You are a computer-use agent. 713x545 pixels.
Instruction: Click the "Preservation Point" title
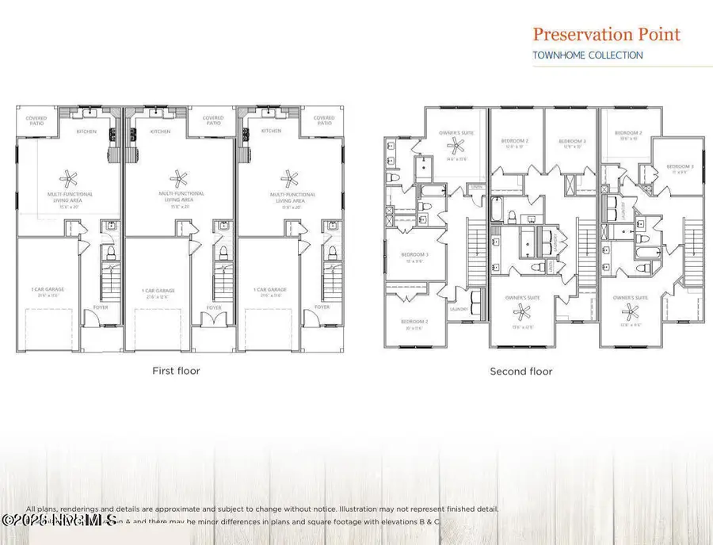click(606, 34)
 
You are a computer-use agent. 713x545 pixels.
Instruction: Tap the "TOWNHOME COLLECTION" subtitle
click(587, 55)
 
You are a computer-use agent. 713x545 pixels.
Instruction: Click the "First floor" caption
click(176, 370)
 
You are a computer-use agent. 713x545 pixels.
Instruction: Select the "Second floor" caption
click(520, 371)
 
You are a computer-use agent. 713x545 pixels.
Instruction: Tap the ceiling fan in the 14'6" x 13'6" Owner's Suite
click(456, 145)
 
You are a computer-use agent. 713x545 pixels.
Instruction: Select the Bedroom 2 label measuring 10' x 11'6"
click(414, 323)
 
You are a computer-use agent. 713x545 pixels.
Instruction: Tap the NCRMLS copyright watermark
click(59, 520)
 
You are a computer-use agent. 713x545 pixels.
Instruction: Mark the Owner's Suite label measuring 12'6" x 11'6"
click(631, 299)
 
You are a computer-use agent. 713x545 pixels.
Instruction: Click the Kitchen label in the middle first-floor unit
click(160, 131)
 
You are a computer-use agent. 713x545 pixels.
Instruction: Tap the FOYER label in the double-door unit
click(213, 307)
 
